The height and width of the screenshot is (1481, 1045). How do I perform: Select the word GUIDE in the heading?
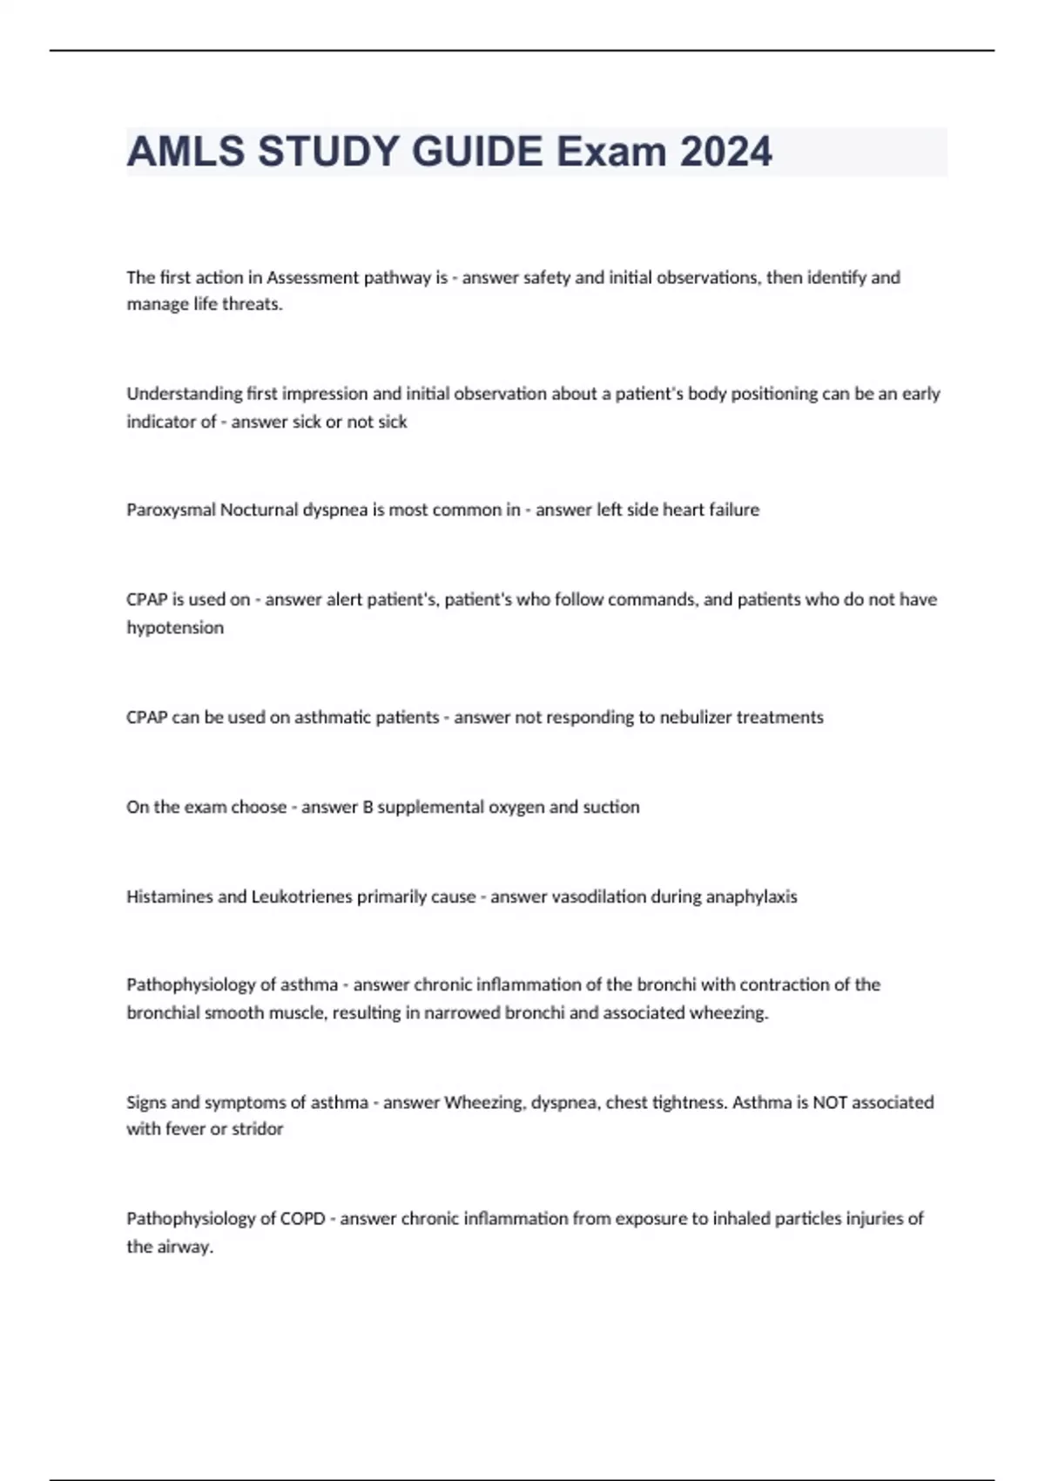(x=477, y=152)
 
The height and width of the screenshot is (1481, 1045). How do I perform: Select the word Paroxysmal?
(x=171, y=510)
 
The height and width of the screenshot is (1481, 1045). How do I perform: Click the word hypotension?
(x=175, y=628)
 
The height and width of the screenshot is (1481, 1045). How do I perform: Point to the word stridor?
(x=257, y=1129)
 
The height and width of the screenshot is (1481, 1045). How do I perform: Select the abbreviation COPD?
(x=302, y=1219)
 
